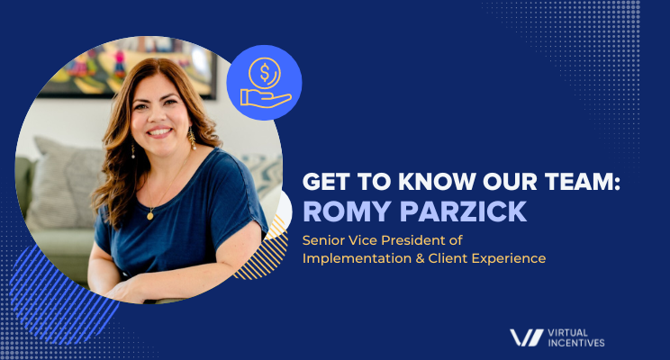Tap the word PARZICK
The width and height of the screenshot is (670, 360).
463,211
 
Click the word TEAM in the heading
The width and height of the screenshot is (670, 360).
578,182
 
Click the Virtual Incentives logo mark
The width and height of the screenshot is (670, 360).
527,337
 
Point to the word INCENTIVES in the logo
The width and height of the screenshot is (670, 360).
576,343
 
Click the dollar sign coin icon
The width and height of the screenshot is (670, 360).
265,73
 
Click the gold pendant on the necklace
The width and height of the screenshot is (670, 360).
150,215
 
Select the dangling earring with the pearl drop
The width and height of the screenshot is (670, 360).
192,139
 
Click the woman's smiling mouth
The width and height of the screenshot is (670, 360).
159,131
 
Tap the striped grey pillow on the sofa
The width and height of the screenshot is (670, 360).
64,183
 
